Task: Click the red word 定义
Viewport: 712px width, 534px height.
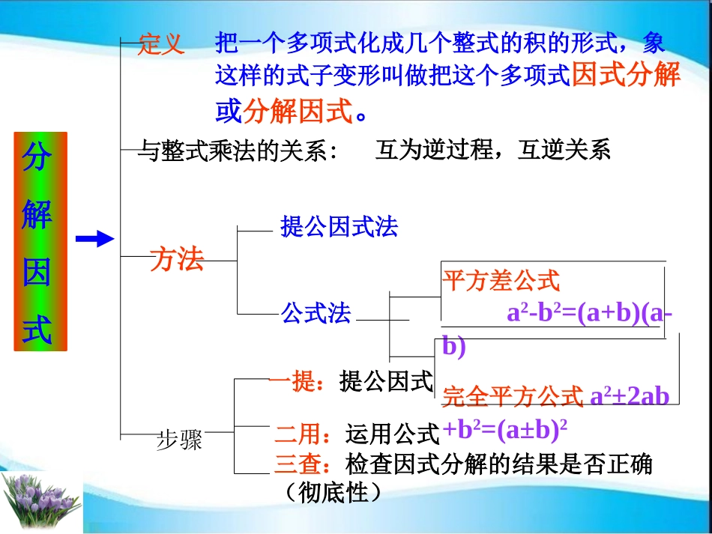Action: (x=161, y=45)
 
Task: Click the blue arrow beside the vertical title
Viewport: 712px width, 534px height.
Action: (x=94, y=239)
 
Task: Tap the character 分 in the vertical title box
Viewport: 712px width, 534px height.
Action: (x=39, y=159)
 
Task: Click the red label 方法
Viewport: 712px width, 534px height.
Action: (x=177, y=260)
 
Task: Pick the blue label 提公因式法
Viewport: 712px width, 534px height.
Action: (x=339, y=227)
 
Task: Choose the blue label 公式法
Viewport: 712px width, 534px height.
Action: (x=316, y=313)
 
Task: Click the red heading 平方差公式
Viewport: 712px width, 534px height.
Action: (x=501, y=281)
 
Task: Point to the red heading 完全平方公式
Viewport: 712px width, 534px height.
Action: (x=513, y=396)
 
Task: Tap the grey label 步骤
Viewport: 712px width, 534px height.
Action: (x=180, y=440)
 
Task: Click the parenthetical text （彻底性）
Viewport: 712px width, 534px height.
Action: (x=334, y=493)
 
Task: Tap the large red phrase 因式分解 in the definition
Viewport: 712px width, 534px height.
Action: (x=626, y=76)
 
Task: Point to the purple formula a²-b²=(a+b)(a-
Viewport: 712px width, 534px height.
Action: (x=589, y=313)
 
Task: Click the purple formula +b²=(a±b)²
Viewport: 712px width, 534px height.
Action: (x=504, y=430)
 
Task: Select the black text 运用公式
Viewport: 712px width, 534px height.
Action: (x=392, y=434)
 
